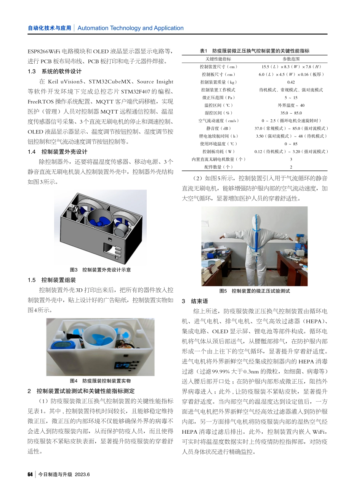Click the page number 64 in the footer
pyautogui.click(x=30, y=474)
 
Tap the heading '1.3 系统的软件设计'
pyautogui.click(x=54, y=71)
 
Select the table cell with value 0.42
pyautogui.click(x=291, y=82)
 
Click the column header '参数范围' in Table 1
pyautogui.click(x=291, y=59)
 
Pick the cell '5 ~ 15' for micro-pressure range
pyautogui.click(x=291, y=98)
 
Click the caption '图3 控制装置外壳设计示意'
pyautogui.click(x=100, y=270)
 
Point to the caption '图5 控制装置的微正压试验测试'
pyautogui.click(x=255, y=291)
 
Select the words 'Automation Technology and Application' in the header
pyautogui.click(x=130, y=28)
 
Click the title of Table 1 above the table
pyautogui.click(x=255, y=51)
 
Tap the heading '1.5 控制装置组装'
pyautogui.click(x=52, y=280)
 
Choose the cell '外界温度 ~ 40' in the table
pyautogui.click(x=291, y=105)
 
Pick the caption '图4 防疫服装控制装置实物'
pyautogui.click(x=100, y=381)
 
